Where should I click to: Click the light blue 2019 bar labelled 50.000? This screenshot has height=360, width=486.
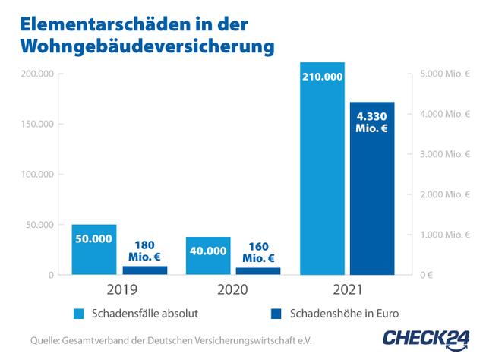(94, 249)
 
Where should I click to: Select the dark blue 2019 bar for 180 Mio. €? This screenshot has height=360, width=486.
(144, 270)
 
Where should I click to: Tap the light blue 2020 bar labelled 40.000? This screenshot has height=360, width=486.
(207, 255)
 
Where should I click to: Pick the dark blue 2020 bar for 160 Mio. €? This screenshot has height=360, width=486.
(257, 270)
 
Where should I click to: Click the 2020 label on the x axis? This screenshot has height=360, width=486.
(232, 290)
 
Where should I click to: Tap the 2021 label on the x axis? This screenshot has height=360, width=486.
(347, 290)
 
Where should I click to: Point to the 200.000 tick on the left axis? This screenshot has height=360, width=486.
(34, 74)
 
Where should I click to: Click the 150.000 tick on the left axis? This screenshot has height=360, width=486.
(34, 125)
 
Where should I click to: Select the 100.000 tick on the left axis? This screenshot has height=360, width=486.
(34, 175)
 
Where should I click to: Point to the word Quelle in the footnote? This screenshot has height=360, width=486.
(44, 340)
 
